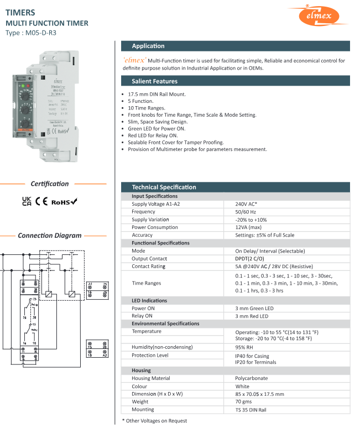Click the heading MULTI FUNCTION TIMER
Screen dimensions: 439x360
click(46, 23)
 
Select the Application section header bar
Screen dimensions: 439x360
click(235, 46)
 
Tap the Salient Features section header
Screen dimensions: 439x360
click(235, 81)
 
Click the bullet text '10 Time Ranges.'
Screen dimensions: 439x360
click(146, 108)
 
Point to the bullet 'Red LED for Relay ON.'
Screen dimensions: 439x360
click(154, 135)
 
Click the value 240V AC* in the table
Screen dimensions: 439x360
click(247, 204)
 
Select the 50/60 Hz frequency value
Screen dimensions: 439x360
click(246, 212)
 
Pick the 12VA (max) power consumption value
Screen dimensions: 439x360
click(248, 227)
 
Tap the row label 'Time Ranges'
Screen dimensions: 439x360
click(146, 283)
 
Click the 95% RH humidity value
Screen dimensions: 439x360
click(244, 347)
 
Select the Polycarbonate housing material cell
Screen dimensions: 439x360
click(252, 379)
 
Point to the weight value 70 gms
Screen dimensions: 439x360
click(244, 402)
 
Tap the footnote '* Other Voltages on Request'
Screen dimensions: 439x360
click(154, 421)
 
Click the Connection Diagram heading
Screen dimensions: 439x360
click(49, 236)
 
